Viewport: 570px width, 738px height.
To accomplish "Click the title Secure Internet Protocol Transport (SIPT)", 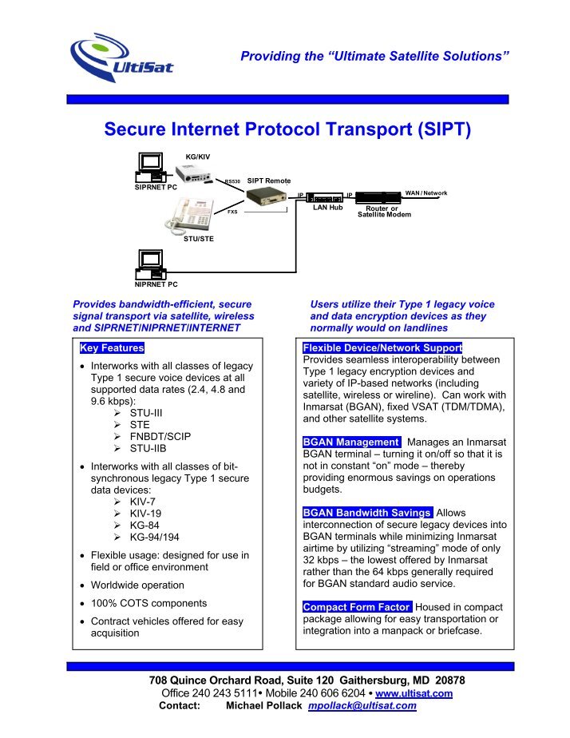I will tap(285, 129).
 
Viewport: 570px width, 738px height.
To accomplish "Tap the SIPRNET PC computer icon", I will tap(151, 169).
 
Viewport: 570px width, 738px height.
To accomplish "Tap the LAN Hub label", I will tap(327, 208).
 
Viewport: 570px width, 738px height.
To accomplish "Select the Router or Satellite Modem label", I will tap(384, 211).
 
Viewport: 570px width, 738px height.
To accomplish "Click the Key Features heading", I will tap(112, 349).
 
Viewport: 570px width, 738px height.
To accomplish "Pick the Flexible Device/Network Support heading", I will tap(382, 349).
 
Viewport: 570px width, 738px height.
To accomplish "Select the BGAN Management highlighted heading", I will tap(351, 442).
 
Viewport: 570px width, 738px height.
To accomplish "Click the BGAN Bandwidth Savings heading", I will tap(368, 512).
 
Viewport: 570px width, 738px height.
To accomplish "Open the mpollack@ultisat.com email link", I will tap(362, 706).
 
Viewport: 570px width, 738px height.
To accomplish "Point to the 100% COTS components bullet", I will tap(149, 603).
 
